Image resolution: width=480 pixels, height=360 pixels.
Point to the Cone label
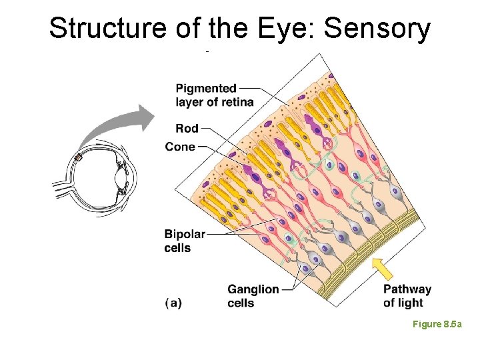click(180, 147)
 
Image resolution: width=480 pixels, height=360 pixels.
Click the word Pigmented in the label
click(206, 88)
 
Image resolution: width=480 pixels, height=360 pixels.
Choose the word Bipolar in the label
click(185, 234)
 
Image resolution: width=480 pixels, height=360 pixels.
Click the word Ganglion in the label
click(253, 289)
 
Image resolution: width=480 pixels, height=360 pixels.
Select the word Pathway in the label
click(407, 289)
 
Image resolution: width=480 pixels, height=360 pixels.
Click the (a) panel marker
click(173, 303)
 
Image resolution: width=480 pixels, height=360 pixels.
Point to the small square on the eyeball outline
click(78, 157)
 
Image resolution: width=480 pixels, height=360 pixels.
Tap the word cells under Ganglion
click(241, 303)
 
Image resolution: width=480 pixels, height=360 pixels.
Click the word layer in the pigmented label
click(190, 102)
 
